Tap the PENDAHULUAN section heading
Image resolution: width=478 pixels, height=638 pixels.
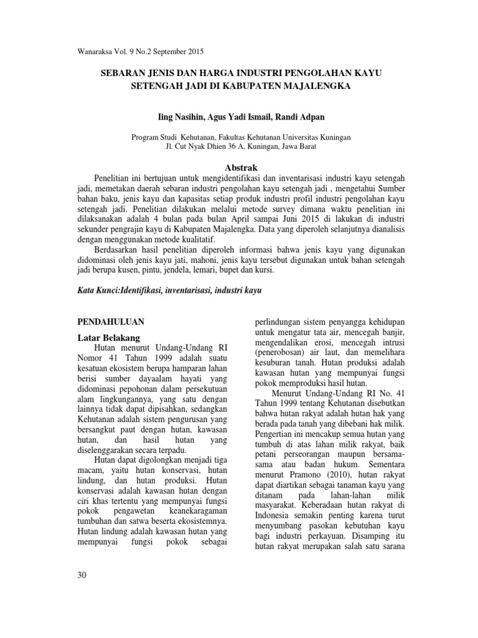tap(111, 321)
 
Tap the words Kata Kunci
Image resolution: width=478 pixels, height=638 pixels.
tap(99, 291)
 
